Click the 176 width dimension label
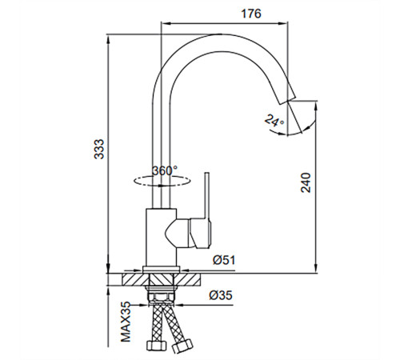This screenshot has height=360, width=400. (251, 14)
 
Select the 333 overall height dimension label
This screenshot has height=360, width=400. (99, 150)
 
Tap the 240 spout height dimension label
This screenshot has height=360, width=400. (306, 182)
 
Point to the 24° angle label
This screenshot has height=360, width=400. (274, 120)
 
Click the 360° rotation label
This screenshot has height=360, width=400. (165, 170)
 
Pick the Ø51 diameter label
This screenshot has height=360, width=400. (224, 260)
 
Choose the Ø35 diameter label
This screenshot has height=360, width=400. (221, 295)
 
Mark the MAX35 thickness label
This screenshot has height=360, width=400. (126, 322)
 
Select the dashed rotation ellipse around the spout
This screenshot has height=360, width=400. (162, 181)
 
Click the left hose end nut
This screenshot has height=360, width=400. (157, 346)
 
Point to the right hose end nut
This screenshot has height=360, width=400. (182, 346)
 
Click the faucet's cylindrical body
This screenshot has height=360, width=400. (161, 238)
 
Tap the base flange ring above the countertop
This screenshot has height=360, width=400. (162, 270)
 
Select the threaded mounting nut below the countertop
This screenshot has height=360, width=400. (162, 297)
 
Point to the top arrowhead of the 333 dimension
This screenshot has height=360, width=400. (108, 40)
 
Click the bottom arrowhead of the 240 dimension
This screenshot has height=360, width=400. (316, 267)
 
